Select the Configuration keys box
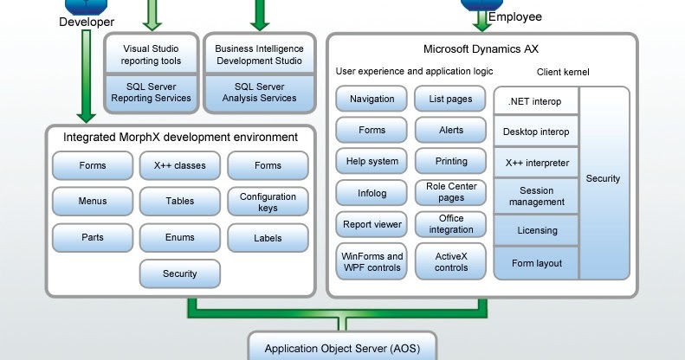pos(268,202)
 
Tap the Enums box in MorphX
pos(179,237)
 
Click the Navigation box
pos(371,100)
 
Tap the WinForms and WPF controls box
pos(371,261)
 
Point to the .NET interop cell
pos(536,101)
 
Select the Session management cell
pos(536,196)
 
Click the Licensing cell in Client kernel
pos(536,231)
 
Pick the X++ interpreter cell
pos(536,162)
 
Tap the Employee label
pos(515,16)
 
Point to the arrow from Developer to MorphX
pos(86,78)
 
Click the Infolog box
pos(371,192)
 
